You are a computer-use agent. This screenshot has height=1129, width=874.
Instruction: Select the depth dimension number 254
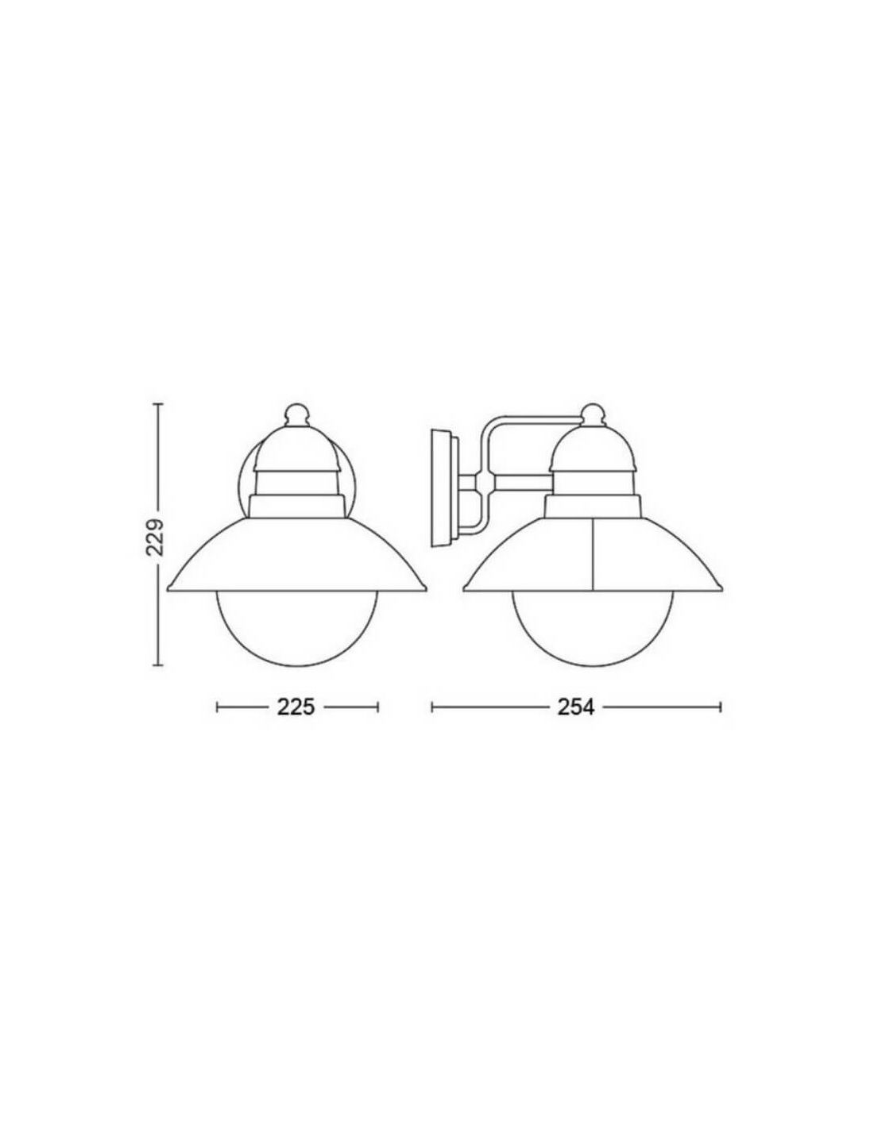pyautogui.click(x=575, y=707)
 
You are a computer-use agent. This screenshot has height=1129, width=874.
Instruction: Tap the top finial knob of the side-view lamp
pyautogui.click(x=594, y=414)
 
